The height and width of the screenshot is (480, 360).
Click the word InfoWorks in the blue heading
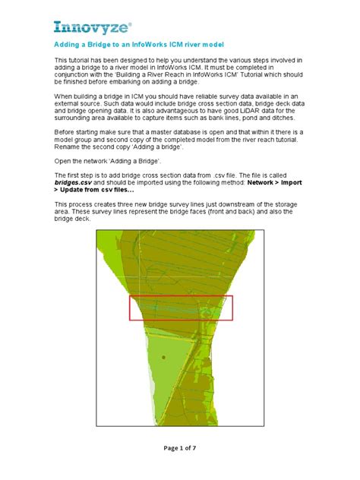click(x=153, y=46)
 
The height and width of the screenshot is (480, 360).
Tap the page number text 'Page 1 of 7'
click(x=179, y=448)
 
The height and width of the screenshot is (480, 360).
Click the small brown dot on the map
click(x=163, y=356)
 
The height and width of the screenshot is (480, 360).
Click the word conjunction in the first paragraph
click(x=74, y=82)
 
